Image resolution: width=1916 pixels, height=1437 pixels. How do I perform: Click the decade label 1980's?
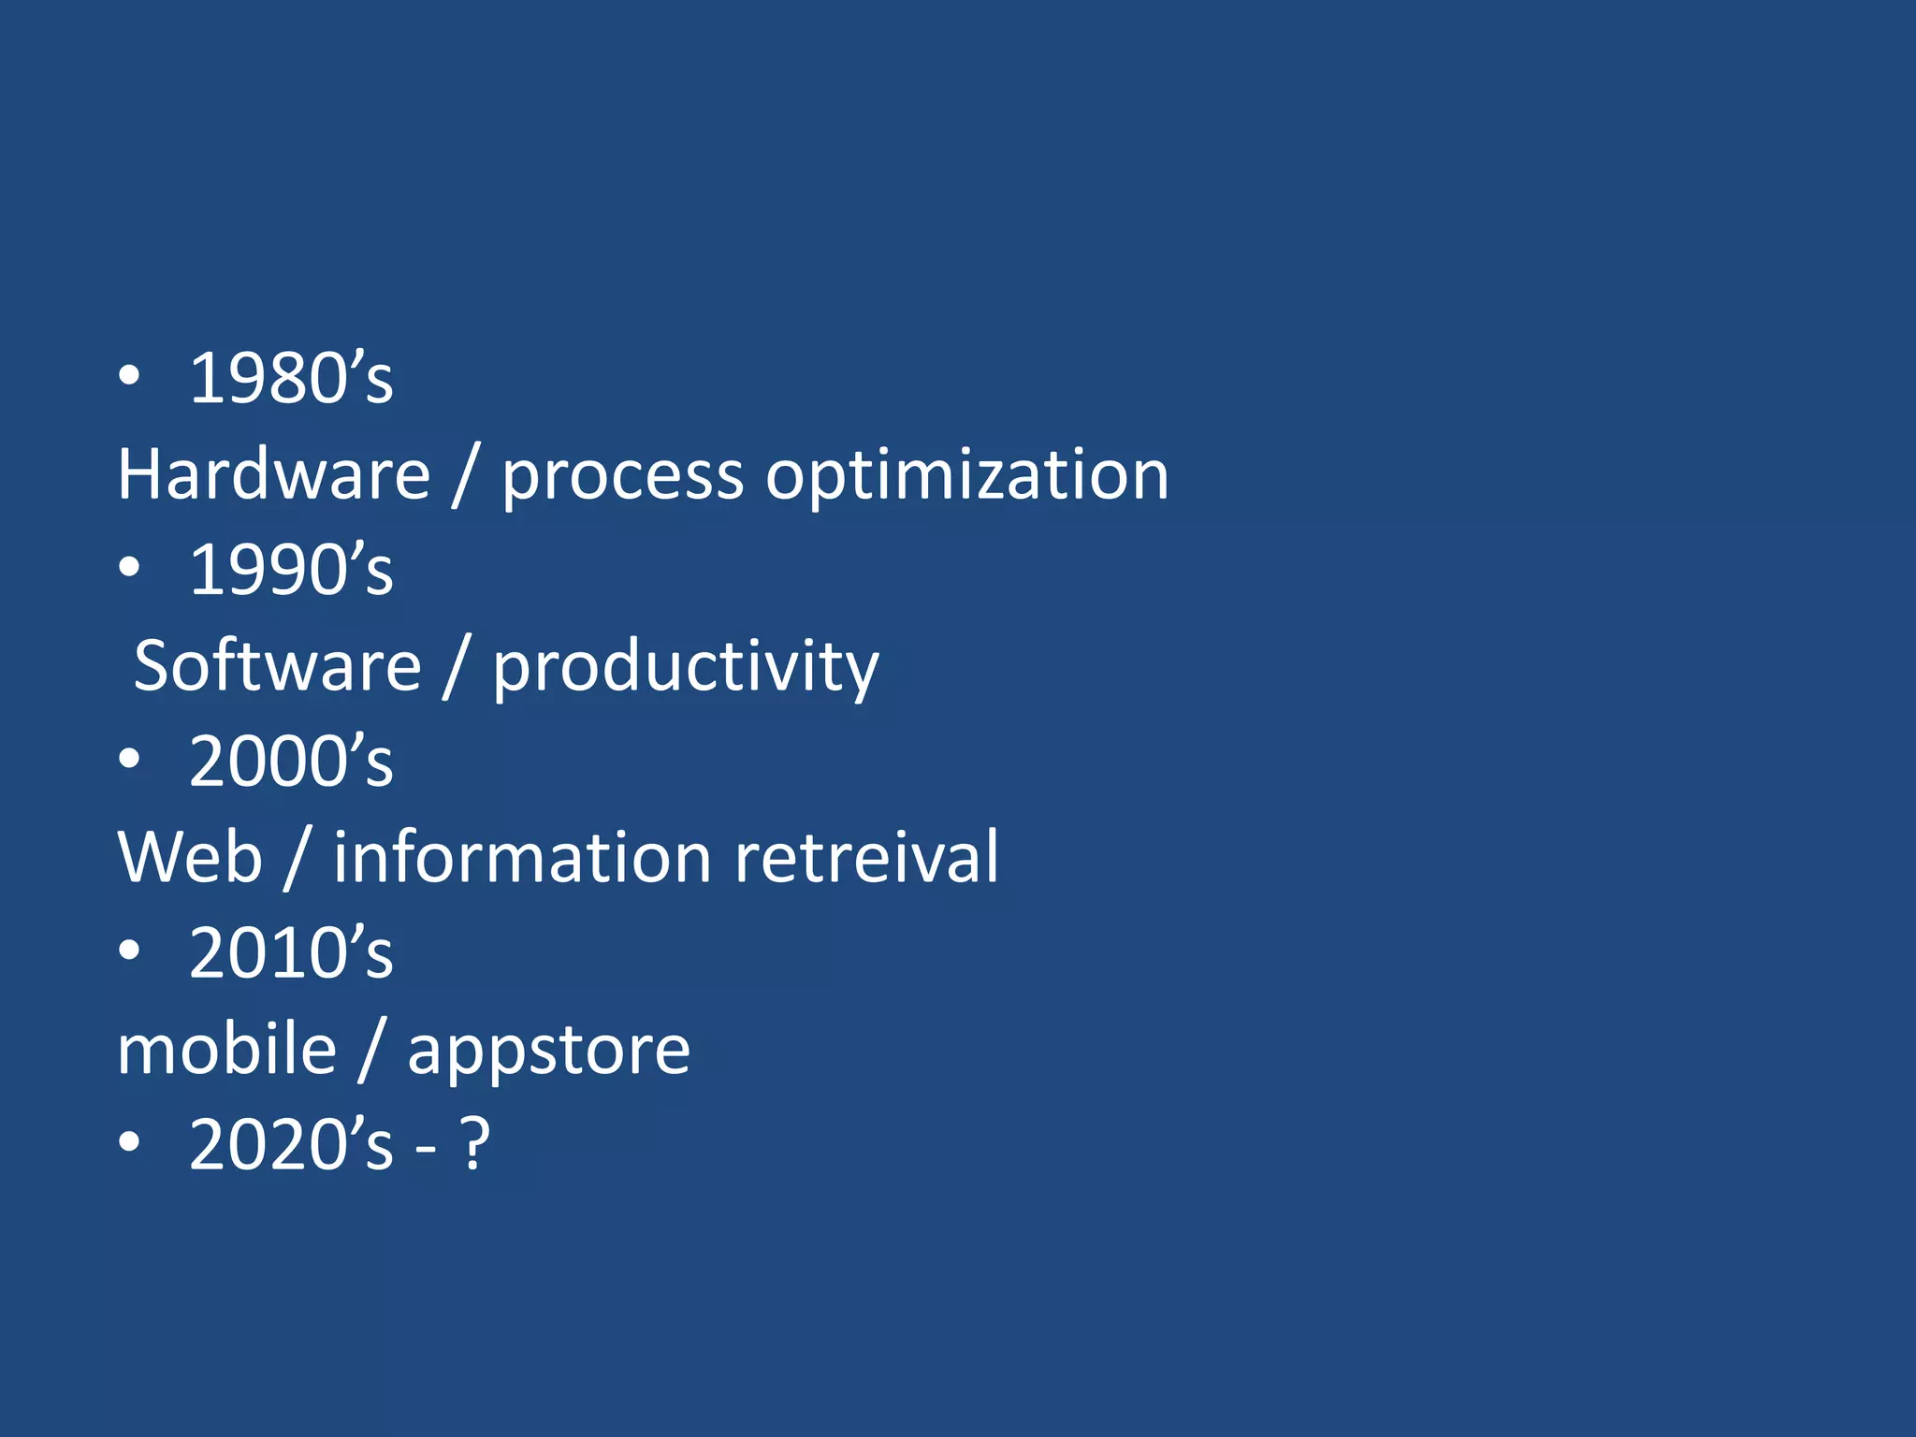click(291, 378)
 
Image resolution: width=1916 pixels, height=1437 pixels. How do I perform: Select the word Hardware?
click(273, 474)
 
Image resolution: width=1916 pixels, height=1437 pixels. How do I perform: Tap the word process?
click(622, 477)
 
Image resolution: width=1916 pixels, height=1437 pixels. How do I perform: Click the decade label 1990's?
click(291, 570)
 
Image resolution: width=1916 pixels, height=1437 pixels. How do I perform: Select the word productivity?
click(686, 668)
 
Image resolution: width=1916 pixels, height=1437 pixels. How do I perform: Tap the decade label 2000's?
click(291, 761)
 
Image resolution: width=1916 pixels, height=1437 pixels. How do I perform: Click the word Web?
click(190, 857)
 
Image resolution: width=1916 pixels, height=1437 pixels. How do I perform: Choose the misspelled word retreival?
click(866, 857)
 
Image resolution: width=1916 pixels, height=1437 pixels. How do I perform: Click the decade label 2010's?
click(291, 952)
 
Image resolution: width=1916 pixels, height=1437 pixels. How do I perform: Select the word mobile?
click(226, 1049)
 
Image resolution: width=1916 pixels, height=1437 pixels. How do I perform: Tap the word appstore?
click(549, 1052)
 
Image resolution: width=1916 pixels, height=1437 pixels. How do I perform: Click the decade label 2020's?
click(291, 1144)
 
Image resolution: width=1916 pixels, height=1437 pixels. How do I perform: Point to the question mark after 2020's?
click(475, 1144)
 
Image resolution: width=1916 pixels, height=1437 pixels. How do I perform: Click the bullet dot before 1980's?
click(129, 376)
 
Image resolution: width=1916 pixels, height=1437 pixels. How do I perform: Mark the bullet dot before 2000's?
click(129, 759)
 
